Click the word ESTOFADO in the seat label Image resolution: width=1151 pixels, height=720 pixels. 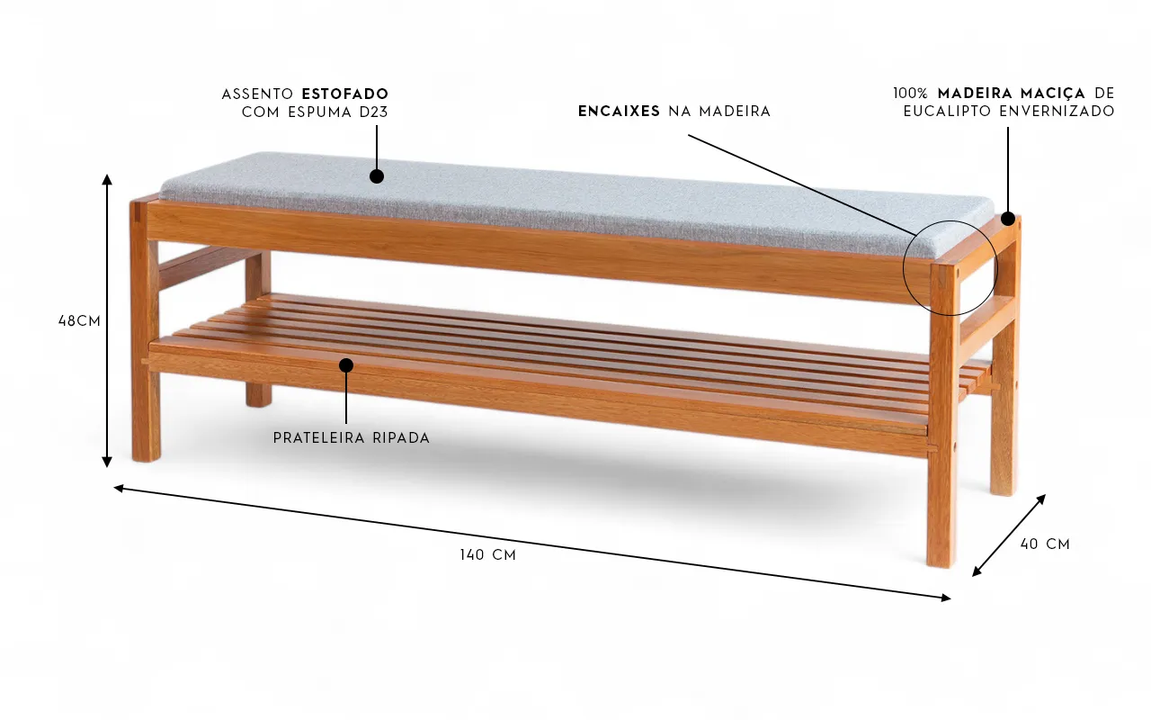pos(345,94)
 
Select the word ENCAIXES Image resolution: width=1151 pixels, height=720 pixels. pos(620,112)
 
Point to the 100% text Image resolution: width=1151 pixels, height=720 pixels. pos(911,94)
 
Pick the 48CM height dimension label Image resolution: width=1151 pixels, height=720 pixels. pos(79,320)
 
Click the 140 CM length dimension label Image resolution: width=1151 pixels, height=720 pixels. pos(487,555)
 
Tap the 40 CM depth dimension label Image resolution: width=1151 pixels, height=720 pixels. pos(1045,544)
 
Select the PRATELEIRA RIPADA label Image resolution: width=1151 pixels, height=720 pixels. pos(352,438)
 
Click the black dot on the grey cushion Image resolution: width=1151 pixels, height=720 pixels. pos(377,176)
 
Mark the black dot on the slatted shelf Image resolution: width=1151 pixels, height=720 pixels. pos(346,364)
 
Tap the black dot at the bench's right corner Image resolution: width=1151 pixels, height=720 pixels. pos(1008,219)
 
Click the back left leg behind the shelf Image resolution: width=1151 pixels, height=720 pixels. pos(258,378)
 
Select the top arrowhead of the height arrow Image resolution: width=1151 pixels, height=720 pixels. pos(107,178)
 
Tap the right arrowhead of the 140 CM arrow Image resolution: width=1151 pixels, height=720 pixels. pos(945,597)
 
